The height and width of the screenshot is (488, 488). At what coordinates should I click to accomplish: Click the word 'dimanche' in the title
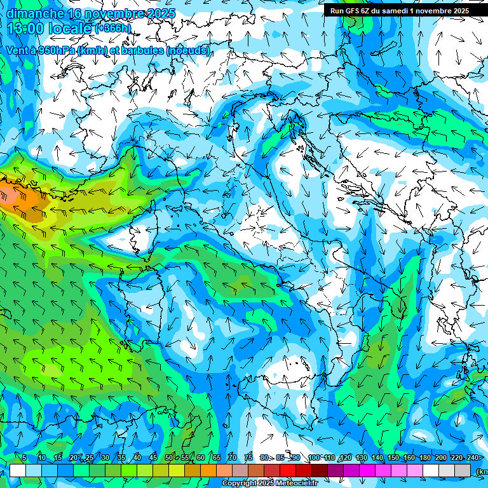click(35, 13)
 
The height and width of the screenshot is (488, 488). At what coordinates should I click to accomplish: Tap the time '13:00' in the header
click(26, 29)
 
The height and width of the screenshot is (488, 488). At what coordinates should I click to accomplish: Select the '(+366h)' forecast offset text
click(119, 29)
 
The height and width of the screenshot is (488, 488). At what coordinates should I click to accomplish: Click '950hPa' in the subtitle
click(57, 50)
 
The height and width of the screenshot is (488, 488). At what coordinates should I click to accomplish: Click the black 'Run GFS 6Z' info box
click(400, 10)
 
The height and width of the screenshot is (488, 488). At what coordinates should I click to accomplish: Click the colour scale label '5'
click(24, 458)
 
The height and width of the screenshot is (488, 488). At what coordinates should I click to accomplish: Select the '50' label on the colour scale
click(169, 458)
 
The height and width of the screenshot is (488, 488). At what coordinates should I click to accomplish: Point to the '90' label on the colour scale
click(296, 458)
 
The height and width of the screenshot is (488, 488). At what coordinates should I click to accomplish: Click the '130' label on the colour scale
click(361, 458)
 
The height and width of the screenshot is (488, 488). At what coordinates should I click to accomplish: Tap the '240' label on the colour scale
click(473, 458)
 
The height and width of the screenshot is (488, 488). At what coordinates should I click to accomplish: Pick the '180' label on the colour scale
click(424, 458)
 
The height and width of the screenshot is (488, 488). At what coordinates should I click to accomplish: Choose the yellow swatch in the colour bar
click(161, 470)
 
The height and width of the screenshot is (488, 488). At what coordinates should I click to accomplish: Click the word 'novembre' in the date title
click(107, 13)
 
